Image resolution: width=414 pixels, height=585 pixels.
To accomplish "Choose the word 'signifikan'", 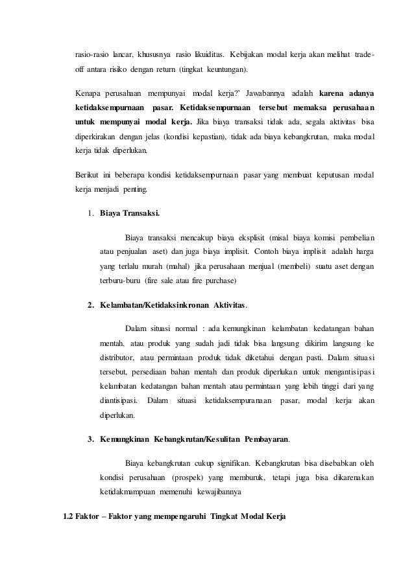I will pos(230,463).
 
